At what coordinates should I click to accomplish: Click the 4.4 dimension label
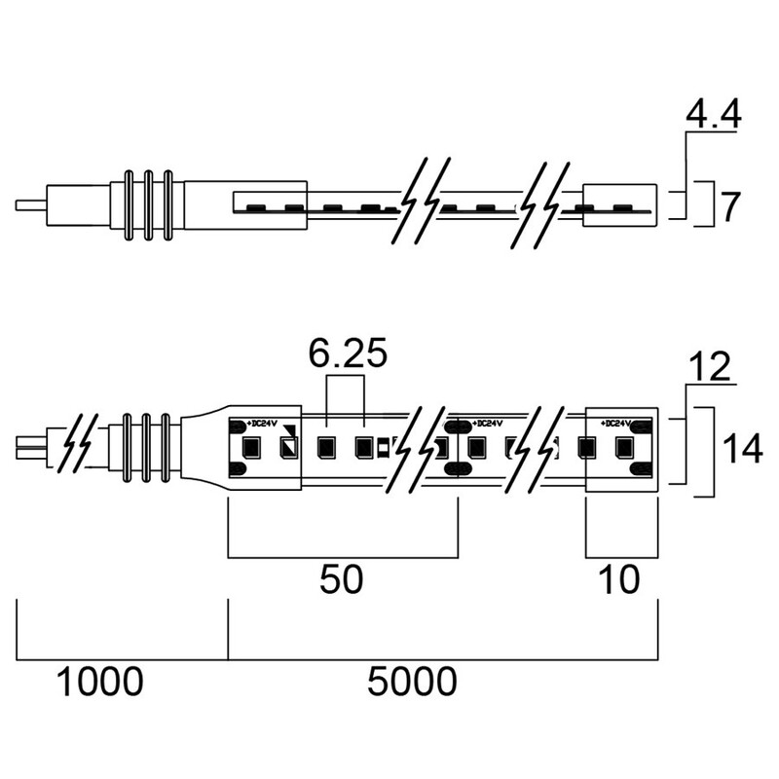click(714, 114)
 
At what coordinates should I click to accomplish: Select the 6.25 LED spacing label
click(348, 353)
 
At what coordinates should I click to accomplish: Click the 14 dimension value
click(742, 448)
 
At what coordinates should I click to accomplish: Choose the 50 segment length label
click(342, 579)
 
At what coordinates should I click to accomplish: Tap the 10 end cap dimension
click(619, 579)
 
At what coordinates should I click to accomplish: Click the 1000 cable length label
click(100, 681)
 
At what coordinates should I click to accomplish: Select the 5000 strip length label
click(412, 681)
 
